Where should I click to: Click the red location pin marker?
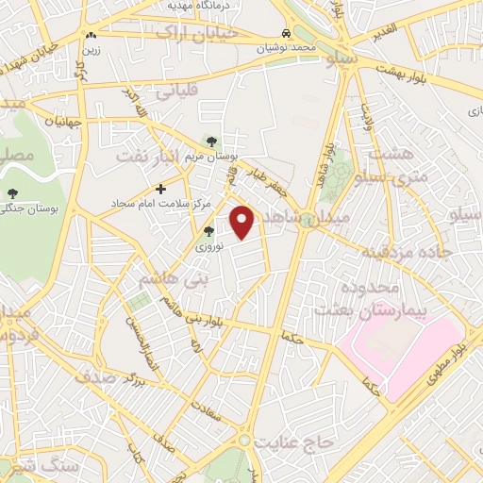(x=242, y=221)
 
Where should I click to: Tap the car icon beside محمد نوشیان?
(x=285, y=32)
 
